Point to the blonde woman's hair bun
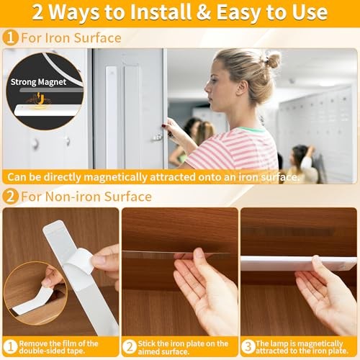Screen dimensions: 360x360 click(272, 59)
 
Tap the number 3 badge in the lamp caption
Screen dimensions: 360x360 click(248, 345)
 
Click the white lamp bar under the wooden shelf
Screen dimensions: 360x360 click(288, 263)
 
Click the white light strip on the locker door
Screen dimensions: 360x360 click(111, 108)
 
